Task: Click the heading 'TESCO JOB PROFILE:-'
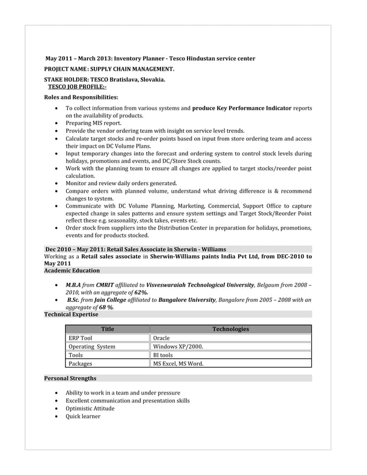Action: (x=77, y=86)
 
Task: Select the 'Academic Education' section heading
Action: (x=72, y=270)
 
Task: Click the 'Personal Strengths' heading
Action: (x=70, y=378)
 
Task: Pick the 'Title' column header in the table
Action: (x=108, y=330)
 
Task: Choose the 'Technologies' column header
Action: (x=231, y=330)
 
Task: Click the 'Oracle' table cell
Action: (x=162, y=338)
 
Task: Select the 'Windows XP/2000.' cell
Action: (x=178, y=347)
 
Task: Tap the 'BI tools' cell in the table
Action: (x=163, y=355)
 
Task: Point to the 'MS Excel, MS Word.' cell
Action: (x=178, y=363)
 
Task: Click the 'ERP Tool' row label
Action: (x=80, y=338)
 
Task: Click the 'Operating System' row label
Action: (x=91, y=347)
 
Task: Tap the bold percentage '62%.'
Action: (x=142, y=292)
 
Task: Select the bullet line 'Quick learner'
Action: (x=83, y=416)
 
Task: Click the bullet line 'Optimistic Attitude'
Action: (x=90, y=408)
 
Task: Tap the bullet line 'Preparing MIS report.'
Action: (x=93, y=123)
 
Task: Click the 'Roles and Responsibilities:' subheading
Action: (x=81, y=97)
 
